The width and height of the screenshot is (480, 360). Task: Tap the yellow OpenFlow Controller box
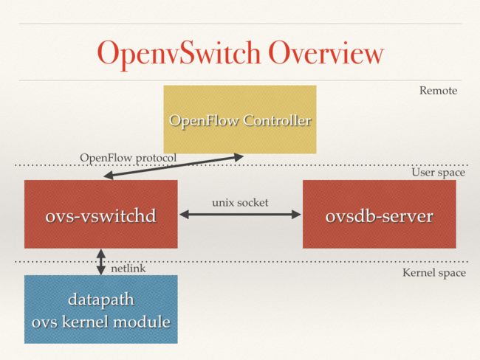click(240, 120)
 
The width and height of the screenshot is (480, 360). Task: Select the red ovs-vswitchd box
click(101, 214)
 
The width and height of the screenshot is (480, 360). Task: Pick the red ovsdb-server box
click(380, 214)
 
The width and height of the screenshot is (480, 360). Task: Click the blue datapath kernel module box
click(101, 309)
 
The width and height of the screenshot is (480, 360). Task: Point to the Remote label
click(438, 91)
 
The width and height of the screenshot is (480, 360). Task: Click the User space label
click(439, 173)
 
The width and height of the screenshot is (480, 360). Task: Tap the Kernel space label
click(434, 273)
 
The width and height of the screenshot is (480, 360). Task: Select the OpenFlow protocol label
click(128, 158)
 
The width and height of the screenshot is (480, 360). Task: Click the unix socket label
click(240, 202)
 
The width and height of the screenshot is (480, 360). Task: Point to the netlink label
click(128, 269)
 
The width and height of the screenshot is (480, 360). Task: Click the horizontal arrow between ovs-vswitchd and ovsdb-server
click(240, 215)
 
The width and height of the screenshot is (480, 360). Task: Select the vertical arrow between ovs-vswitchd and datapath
click(101, 262)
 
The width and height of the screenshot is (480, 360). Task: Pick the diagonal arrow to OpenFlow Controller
click(174, 167)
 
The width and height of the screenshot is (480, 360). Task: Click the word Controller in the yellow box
click(277, 120)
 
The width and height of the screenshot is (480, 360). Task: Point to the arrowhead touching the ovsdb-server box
click(296, 215)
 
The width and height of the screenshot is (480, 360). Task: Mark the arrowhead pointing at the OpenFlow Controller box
click(239, 157)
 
